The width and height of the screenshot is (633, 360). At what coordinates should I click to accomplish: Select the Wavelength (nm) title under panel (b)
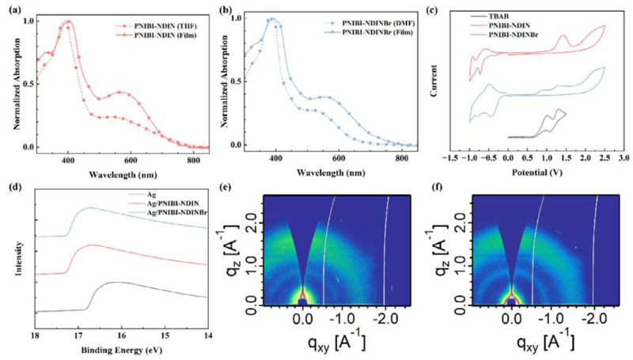click(328, 171)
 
